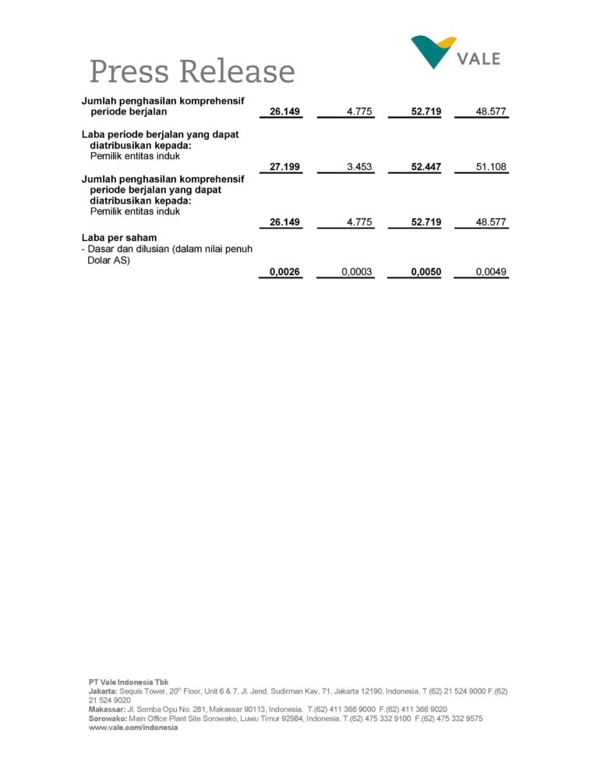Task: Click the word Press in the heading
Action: click(x=129, y=72)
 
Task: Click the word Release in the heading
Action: click(x=238, y=72)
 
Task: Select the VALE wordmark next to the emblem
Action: click(x=479, y=58)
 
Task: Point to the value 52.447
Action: click(x=426, y=167)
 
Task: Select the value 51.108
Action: click(x=492, y=167)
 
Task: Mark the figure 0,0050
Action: click(x=426, y=272)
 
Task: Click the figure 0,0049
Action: click(x=492, y=272)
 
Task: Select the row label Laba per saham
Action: click(x=119, y=237)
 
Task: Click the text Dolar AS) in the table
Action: click(x=108, y=261)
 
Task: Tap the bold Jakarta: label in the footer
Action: click(x=103, y=691)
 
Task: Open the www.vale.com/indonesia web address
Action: click(x=133, y=728)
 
